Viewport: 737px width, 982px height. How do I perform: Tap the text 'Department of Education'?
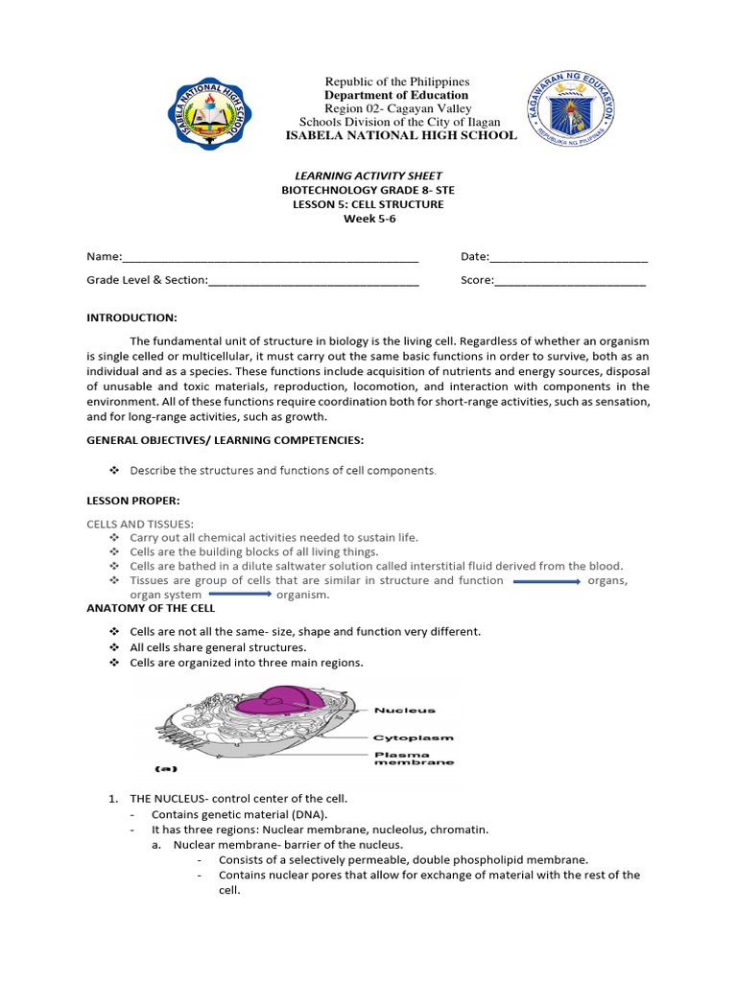point(396,95)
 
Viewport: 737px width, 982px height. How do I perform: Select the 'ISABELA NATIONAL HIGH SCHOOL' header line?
point(401,135)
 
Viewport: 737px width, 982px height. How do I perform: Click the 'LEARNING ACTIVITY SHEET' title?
point(368,175)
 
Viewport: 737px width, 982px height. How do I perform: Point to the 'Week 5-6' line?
point(368,219)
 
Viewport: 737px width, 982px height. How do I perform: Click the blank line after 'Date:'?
point(568,258)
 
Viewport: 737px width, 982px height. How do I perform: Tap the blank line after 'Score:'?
point(570,281)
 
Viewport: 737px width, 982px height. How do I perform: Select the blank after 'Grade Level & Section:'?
point(314,281)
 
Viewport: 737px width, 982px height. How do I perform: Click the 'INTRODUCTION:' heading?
point(131,317)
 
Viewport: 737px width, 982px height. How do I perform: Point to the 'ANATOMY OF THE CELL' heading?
point(151,608)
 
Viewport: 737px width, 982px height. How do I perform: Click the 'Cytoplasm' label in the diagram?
point(414,737)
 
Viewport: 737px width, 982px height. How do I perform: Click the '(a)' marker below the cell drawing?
point(167,768)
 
